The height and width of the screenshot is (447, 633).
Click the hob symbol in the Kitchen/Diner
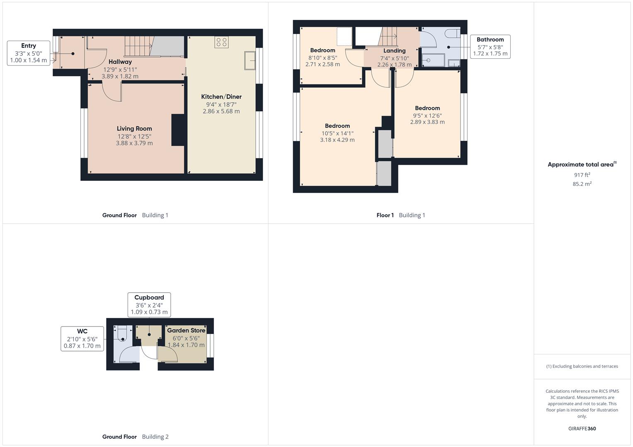[x=221, y=42]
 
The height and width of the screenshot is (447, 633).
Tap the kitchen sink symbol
[x=250, y=61]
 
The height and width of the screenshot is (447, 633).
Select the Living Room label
[x=134, y=129]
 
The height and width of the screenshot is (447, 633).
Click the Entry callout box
[x=29, y=53]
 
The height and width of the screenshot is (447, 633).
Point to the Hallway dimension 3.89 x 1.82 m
[x=120, y=77]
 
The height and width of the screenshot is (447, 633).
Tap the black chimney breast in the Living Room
[x=178, y=130]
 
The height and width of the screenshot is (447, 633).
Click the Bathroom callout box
[x=490, y=46]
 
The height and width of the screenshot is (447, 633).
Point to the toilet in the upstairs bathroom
[x=451, y=34]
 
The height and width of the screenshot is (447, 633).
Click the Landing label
[x=394, y=51]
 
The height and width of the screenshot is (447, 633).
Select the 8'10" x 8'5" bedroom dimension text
[x=323, y=58]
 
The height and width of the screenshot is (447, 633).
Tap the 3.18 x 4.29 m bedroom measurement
[x=337, y=140]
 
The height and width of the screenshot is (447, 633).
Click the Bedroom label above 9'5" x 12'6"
[x=427, y=108]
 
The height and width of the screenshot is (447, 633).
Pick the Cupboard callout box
[x=149, y=304]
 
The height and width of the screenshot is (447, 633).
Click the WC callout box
[x=82, y=338]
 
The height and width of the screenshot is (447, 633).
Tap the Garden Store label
[x=186, y=331]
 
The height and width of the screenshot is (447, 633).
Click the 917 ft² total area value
[x=582, y=175]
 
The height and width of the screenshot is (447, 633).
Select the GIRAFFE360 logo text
[x=582, y=429]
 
